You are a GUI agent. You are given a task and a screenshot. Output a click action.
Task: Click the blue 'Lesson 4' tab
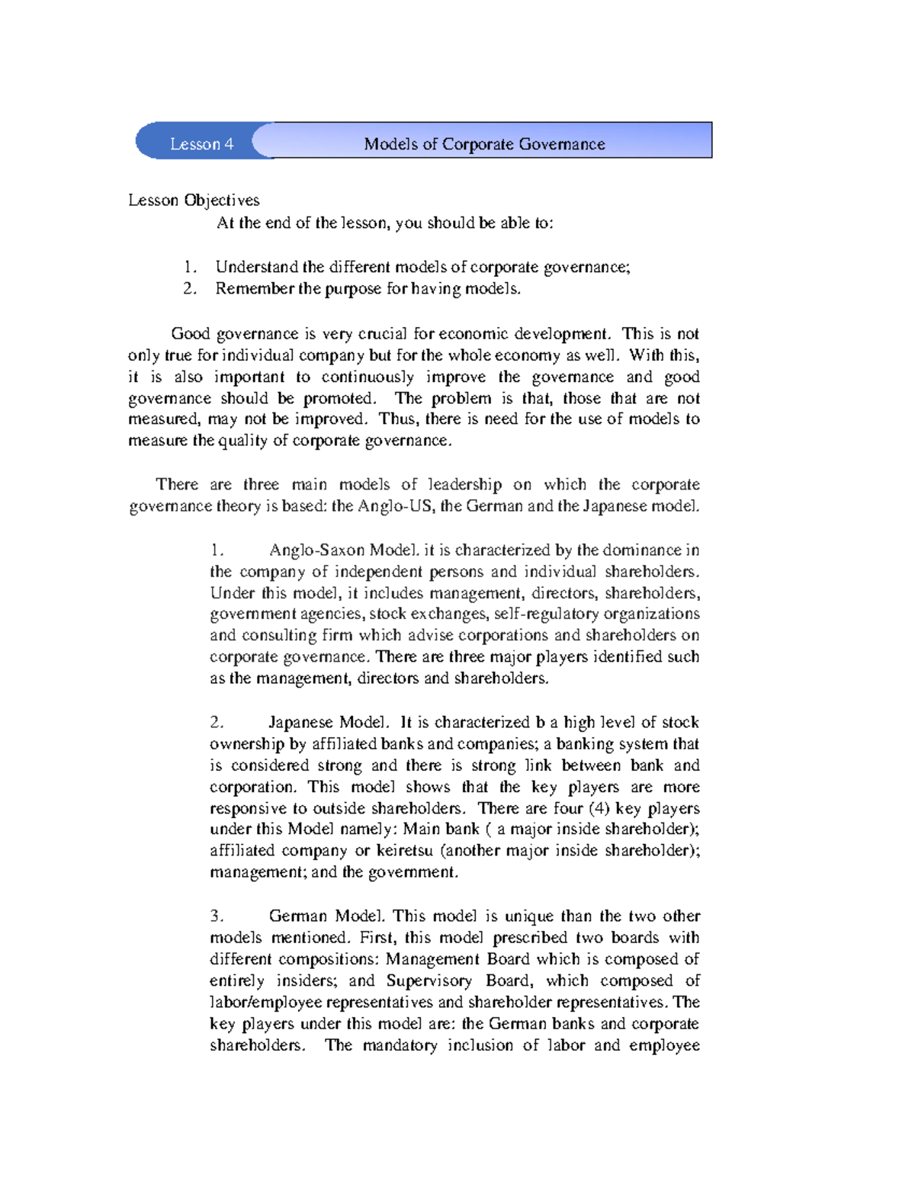click(201, 144)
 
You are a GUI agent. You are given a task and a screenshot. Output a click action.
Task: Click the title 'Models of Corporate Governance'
click(484, 144)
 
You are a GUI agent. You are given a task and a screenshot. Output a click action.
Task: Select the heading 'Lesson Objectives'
click(194, 201)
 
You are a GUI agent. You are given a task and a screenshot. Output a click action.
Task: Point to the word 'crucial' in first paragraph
click(384, 334)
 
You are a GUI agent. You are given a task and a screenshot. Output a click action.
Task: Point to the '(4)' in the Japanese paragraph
click(599, 808)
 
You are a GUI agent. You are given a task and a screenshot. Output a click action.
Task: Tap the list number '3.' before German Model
click(217, 916)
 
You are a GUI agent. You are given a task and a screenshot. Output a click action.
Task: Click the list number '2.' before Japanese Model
click(217, 722)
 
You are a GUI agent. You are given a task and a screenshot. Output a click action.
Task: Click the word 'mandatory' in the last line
click(400, 1045)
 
